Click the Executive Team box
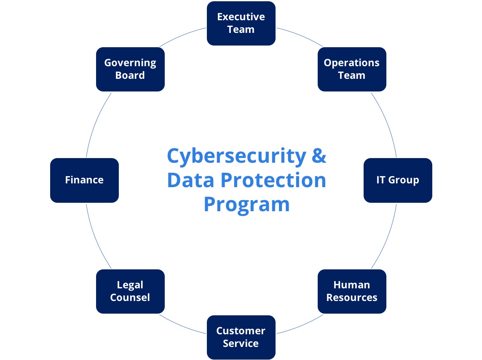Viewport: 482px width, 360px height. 241,23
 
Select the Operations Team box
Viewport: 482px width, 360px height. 352,69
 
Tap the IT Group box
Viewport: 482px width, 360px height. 398,180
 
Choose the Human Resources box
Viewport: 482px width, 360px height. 352,291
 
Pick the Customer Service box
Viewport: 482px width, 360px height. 241,337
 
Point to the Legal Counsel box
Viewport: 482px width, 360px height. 130,291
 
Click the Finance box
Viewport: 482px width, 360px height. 84,180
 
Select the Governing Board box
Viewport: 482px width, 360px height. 130,69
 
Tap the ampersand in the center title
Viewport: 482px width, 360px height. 319,155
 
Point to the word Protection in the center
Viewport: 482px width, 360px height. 273,180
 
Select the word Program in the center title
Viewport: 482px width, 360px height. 246,205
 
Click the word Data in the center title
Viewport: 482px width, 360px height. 190,180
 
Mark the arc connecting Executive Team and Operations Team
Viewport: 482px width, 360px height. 301,35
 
